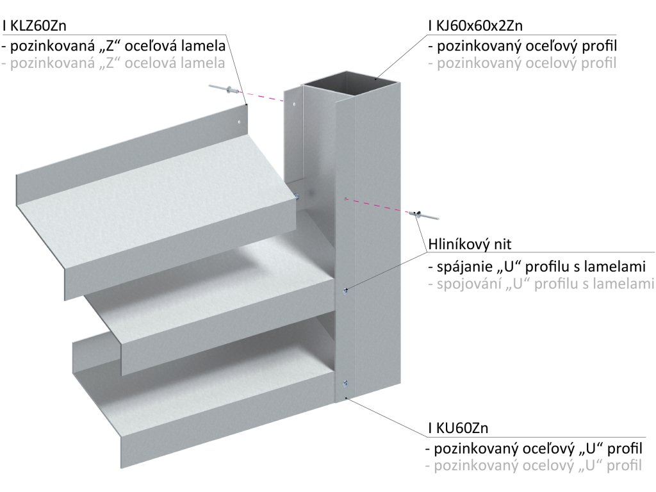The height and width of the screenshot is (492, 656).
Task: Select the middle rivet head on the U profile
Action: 346,291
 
